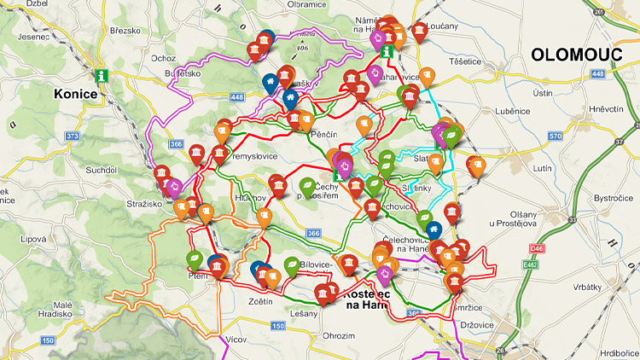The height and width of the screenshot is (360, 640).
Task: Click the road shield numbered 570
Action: [x=556, y=136]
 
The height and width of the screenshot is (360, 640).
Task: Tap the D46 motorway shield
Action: [x=535, y=248]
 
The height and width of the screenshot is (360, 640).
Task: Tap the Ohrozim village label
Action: [x=339, y=335]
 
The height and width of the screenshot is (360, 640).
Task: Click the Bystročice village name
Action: [x=612, y=197]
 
